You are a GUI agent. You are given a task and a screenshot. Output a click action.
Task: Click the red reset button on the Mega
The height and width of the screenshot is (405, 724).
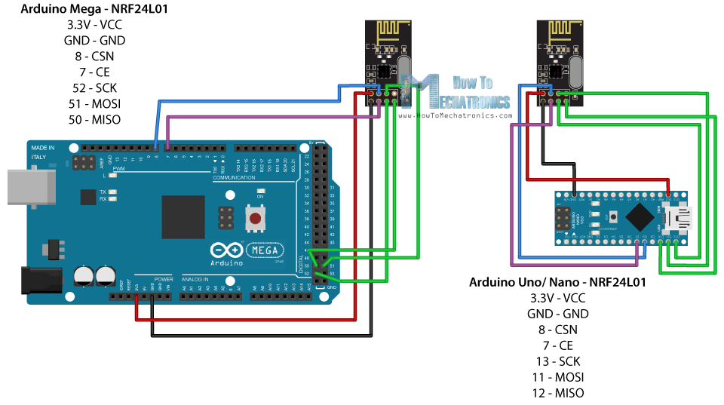point(256,220)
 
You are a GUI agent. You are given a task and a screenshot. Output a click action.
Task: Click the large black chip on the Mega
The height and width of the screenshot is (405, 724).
point(183,217)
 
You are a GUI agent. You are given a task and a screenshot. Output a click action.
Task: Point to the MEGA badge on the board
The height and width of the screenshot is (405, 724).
point(263,250)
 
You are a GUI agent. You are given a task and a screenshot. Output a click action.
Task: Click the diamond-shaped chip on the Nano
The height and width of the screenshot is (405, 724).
point(640,217)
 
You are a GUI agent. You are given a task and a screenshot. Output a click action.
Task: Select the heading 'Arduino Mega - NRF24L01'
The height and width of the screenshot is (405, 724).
point(84,10)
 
